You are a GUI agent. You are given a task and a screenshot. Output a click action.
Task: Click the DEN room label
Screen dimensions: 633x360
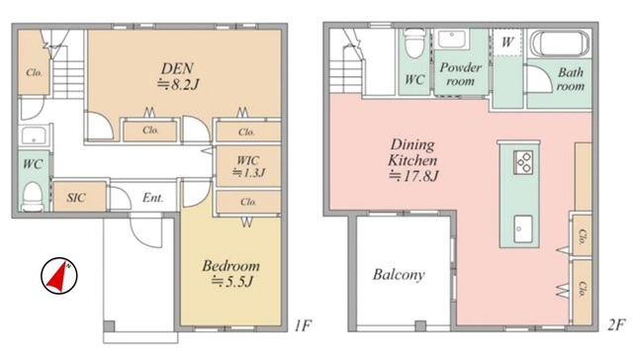click(177, 68)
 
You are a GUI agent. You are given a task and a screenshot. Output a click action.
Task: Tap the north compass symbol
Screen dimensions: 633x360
click(59, 276)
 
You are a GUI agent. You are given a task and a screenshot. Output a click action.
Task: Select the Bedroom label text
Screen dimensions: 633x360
click(230, 266)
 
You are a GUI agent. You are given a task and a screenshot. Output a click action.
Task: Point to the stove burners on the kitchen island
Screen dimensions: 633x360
click(523, 162)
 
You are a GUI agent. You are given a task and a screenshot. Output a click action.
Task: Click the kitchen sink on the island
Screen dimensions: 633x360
click(523, 228)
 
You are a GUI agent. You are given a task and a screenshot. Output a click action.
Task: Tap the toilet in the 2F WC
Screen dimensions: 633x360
click(414, 44)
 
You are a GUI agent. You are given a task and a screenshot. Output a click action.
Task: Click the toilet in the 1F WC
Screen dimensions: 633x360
click(33, 197)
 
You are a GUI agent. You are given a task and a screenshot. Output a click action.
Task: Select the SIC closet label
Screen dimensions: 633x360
click(76, 198)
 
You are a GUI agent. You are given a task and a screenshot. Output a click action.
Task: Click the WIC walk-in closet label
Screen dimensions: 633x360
click(248, 160)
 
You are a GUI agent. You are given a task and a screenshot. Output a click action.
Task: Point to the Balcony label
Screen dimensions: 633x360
click(399, 275)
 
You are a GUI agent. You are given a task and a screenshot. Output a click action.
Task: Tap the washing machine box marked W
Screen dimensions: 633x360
click(507, 42)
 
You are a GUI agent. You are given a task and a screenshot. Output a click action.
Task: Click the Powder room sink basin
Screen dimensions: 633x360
click(452, 40)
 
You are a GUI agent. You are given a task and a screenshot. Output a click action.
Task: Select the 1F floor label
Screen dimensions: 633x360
click(303, 325)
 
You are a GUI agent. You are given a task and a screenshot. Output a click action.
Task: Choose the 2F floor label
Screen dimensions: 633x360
click(616, 324)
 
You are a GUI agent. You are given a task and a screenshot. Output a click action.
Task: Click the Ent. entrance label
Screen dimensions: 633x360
click(153, 198)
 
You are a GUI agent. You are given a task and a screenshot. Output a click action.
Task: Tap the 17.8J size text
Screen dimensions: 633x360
click(413, 176)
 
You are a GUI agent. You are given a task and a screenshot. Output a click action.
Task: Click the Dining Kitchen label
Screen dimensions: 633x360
click(412, 152)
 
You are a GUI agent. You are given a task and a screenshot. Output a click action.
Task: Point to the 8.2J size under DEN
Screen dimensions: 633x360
click(178, 84)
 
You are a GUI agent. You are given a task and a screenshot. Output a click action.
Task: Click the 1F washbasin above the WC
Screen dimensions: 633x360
click(35, 135)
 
